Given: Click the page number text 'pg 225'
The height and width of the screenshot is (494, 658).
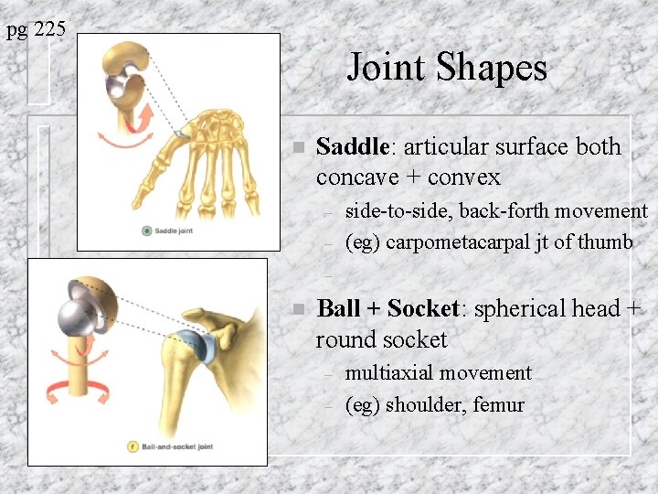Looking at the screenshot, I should point(36,30).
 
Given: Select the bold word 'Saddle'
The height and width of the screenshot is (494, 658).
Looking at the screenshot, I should point(352,146).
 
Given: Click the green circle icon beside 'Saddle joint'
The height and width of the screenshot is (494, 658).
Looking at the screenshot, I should point(146,231).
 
